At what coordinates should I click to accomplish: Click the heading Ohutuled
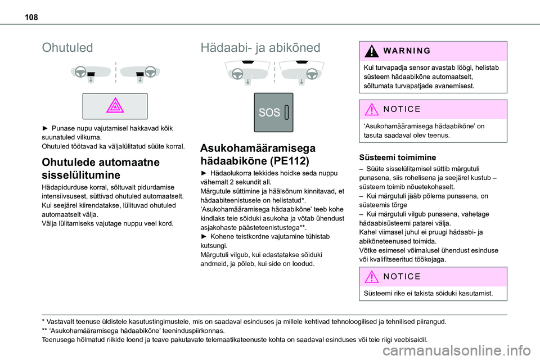click(67, 48)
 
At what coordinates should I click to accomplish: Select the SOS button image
click(273, 112)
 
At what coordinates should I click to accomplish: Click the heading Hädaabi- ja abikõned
click(260, 48)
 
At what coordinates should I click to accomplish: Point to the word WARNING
click(408, 51)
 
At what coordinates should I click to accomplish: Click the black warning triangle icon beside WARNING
click(372, 51)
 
